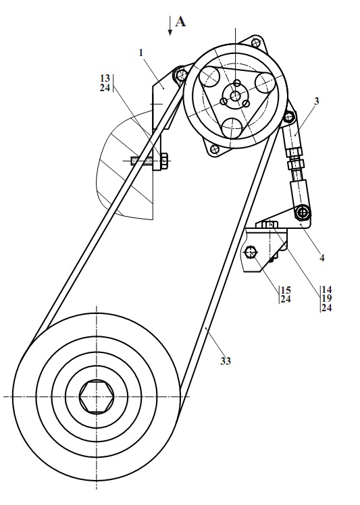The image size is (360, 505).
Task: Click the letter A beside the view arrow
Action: [x=180, y=22]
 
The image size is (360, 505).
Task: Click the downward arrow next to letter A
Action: [x=170, y=26]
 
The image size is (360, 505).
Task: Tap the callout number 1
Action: [x=141, y=53]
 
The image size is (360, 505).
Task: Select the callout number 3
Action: [x=317, y=101]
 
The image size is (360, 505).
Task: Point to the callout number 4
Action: [x=322, y=258]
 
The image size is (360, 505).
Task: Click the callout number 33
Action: [x=226, y=361]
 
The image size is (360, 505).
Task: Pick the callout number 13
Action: [x=105, y=78]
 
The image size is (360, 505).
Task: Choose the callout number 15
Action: [x=286, y=290]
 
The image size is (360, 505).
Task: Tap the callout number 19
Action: [x=326, y=298]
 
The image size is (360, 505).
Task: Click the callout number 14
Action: [x=326, y=289]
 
